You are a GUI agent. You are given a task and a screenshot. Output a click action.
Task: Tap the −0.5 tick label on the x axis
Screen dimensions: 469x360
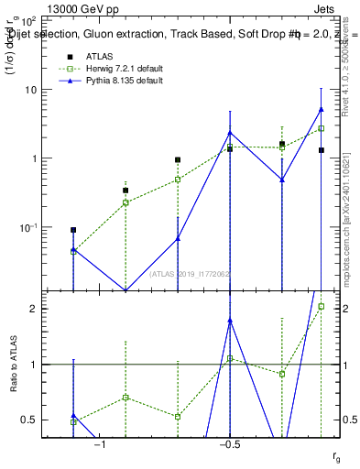pyautogui.click(x=229, y=444)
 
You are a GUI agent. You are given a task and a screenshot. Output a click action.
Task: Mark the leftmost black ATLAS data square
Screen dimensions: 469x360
pyautogui.click(x=73, y=230)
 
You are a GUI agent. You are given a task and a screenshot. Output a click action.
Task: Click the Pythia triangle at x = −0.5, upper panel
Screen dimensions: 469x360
pyautogui.click(x=230, y=133)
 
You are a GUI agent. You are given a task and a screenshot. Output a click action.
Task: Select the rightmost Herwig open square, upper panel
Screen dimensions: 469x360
pyautogui.click(x=321, y=128)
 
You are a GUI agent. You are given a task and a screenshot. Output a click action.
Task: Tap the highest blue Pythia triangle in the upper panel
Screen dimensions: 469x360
pyautogui.click(x=321, y=109)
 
